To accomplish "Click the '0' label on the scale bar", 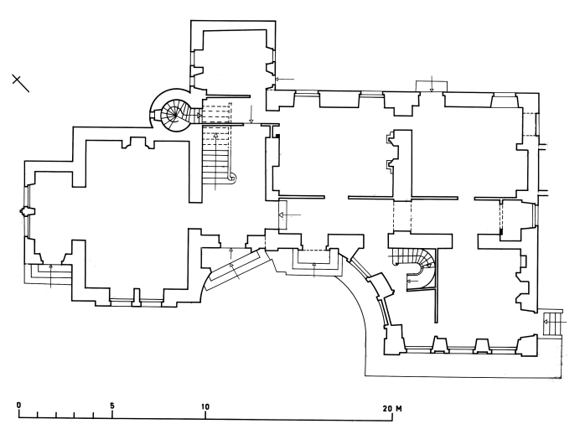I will point(19,406).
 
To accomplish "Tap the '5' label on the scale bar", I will point(112,407).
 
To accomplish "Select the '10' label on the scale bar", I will point(205,407).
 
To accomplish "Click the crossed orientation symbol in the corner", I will point(21,81).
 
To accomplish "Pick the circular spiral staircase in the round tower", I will point(176,111).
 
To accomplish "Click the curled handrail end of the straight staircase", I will point(232,177).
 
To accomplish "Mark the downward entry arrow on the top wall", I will point(431,82).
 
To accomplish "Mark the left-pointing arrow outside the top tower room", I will point(284,80).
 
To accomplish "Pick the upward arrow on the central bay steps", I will point(313,268).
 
